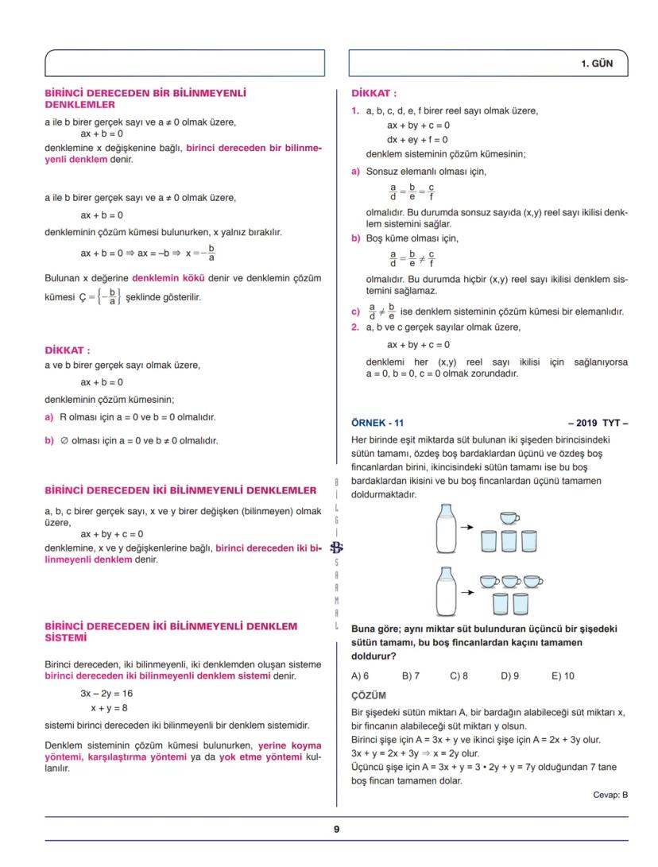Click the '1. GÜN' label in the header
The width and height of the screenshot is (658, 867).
click(x=596, y=64)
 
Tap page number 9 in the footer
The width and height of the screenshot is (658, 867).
click(x=336, y=829)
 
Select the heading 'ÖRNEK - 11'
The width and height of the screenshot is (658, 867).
click(x=377, y=423)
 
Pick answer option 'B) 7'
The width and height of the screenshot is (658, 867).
click(x=410, y=676)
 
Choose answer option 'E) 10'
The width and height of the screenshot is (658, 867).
click(x=563, y=676)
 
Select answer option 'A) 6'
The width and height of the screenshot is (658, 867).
click(x=360, y=676)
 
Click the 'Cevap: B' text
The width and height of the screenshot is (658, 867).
click(x=610, y=795)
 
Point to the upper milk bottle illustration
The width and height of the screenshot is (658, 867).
click(x=446, y=528)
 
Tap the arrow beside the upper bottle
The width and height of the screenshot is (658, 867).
click(x=467, y=527)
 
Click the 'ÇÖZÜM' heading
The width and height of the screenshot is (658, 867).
click(x=368, y=695)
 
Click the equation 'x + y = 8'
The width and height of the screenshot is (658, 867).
click(x=109, y=707)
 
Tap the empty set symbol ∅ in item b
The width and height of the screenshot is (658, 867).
click(x=64, y=440)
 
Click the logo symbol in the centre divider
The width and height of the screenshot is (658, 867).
click(x=336, y=548)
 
